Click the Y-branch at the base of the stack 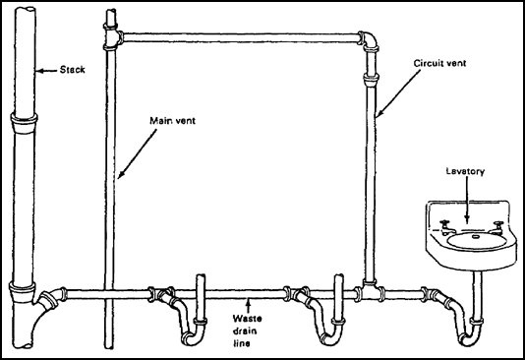coord(36,300)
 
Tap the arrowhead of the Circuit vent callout coord(376,121)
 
